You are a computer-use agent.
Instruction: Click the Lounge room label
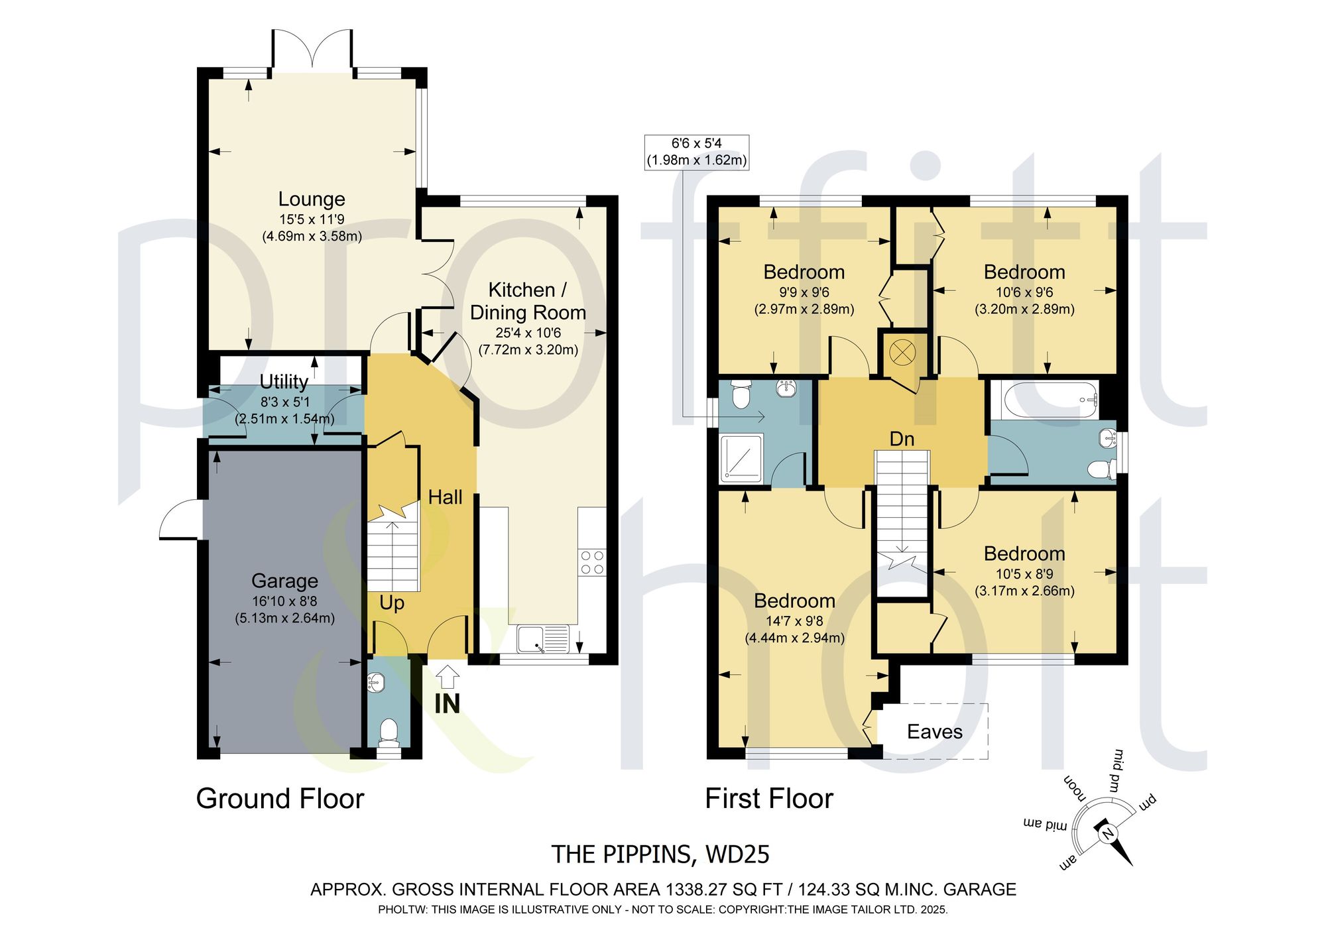coord(312,199)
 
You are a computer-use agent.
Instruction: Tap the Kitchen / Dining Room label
coord(528,301)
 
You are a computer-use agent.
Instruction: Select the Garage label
coord(284,581)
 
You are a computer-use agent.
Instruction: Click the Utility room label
coord(284,382)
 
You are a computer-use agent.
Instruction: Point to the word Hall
coord(445,497)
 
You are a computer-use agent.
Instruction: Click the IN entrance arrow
coord(448,677)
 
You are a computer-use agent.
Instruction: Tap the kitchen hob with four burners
coord(592,562)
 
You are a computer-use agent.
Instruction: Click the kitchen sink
coord(544,639)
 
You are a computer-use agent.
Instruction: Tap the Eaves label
coord(934,732)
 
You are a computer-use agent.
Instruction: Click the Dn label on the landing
coord(902,439)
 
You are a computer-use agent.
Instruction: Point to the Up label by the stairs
coord(392,603)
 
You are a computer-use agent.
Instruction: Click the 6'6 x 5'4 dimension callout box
coord(697,152)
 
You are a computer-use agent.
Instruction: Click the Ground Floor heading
coord(280,799)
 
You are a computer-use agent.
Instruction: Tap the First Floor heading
coord(769,799)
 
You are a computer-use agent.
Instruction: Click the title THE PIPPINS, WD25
coord(660,854)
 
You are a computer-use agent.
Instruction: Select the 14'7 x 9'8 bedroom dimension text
coord(795,621)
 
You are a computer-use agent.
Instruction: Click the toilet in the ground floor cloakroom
coord(389,733)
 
